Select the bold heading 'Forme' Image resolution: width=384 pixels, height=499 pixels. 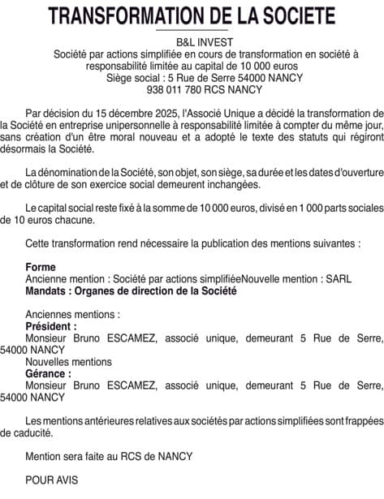pyautogui.click(x=41, y=267)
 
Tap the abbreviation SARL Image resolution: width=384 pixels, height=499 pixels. pyautogui.click(x=339, y=278)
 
